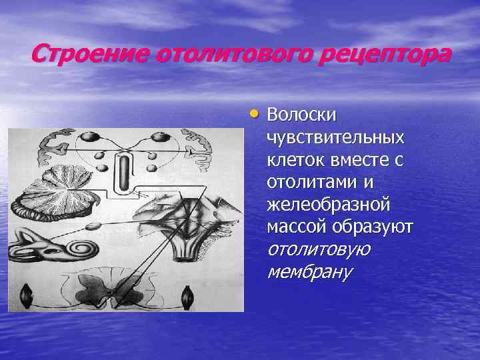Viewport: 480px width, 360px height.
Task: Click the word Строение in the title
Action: point(90,53)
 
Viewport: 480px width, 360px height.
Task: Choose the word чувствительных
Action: point(335,137)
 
